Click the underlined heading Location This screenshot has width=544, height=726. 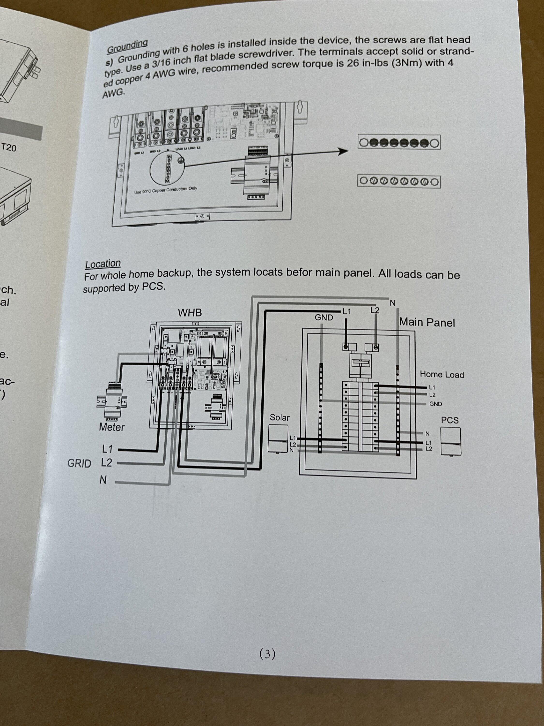(103, 264)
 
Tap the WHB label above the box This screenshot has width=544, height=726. (190, 313)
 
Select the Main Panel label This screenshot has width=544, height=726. (427, 322)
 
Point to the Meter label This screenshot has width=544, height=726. (112, 427)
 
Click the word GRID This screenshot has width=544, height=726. (79, 463)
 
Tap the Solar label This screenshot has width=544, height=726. (279, 417)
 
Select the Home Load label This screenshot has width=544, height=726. (442, 374)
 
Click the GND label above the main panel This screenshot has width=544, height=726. (324, 317)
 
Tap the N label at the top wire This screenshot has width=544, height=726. (392, 303)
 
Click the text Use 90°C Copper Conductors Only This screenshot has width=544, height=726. (166, 190)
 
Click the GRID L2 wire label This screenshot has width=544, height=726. (107, 463)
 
